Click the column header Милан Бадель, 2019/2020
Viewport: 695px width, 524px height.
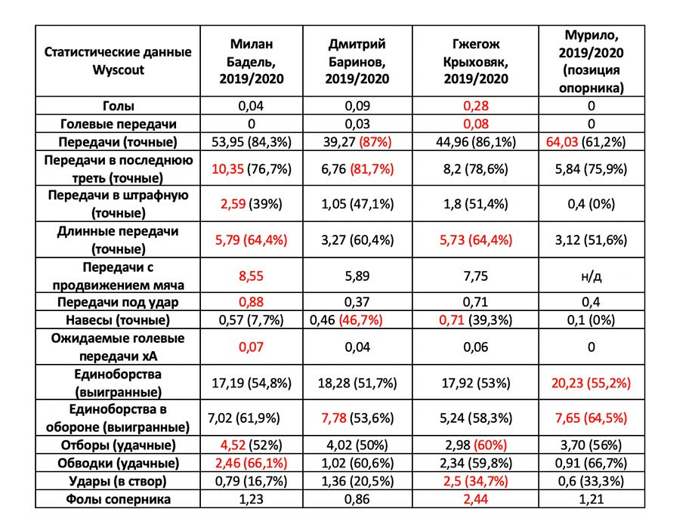(252, 61)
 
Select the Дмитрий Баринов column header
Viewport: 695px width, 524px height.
(357, 61)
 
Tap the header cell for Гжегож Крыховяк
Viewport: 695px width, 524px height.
(476, 61)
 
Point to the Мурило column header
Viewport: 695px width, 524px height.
(592, 61)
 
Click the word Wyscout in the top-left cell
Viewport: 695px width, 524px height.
(118, 70)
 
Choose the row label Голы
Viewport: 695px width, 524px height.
(118, 106)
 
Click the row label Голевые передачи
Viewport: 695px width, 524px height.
(118, 124)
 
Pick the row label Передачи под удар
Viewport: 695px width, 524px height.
(118, 302)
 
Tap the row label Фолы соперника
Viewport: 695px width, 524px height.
(118, 499)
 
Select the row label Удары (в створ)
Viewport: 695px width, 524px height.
(118, 481)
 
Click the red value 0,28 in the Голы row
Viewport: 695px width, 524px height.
(476, 106)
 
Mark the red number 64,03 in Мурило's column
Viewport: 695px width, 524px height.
(561, 142)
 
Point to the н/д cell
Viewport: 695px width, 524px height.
(592, 276)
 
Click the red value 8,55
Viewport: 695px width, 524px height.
(252, 276)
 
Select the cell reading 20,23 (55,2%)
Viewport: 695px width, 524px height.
(592, 383)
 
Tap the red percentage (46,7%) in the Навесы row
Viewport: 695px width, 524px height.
(360, 320)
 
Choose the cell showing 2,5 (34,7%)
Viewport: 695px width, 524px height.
(476, 481)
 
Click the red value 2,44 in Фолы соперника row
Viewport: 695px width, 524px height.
(476, 499)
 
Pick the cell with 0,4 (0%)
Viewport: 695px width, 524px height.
(592, 204)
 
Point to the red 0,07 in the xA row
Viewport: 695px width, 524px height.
(252, 347)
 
